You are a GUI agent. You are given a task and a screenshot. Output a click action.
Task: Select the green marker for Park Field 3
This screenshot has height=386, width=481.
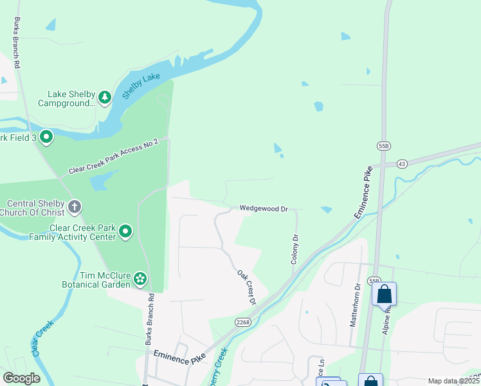[46, 137]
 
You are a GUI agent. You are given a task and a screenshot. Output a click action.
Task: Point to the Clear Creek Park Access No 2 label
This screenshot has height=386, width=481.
[113, 158]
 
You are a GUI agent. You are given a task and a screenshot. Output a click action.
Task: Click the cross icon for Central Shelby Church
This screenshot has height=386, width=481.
[75, 207]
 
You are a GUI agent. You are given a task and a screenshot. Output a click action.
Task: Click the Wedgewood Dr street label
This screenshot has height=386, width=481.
[264, 208]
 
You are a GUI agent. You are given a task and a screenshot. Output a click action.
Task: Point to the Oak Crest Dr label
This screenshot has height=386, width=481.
[246, 287]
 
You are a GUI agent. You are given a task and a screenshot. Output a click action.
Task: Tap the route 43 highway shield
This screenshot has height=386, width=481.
[401, 164]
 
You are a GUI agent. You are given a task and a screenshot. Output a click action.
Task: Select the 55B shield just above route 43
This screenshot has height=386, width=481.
[384, 146]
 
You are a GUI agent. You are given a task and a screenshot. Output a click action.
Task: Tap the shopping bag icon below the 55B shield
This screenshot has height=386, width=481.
[385, 294]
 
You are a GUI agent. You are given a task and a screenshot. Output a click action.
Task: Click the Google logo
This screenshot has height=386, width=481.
[21, 378]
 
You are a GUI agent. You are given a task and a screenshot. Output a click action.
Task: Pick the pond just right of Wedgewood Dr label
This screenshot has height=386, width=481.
[326, 210]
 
